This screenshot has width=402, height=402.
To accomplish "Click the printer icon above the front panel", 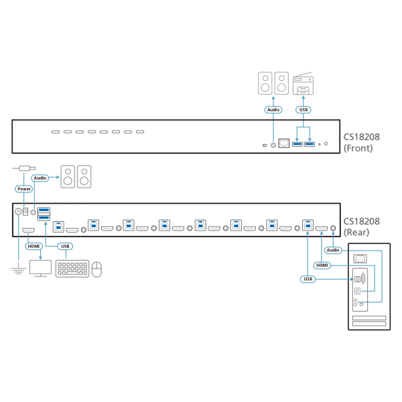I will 303,85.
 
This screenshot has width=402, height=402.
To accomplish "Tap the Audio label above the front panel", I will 273,109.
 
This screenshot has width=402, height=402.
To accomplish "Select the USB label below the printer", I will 303,109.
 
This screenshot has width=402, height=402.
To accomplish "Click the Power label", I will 24,189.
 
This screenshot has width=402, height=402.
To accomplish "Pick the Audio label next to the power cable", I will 40,178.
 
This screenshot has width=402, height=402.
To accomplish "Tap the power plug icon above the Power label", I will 23,169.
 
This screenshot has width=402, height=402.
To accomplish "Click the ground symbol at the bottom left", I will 18,270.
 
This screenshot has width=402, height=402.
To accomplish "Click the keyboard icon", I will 72,269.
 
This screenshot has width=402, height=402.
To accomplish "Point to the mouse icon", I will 97,269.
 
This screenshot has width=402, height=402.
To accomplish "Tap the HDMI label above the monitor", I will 33,246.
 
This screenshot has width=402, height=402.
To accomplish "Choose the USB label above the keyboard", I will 65,246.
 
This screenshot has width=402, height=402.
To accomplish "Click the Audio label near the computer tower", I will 332,250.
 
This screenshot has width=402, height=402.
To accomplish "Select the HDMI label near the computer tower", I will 322,265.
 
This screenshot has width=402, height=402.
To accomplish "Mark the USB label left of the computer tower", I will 308,278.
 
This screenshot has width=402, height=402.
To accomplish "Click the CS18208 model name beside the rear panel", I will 362,221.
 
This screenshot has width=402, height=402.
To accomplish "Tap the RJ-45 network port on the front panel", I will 283,143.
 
